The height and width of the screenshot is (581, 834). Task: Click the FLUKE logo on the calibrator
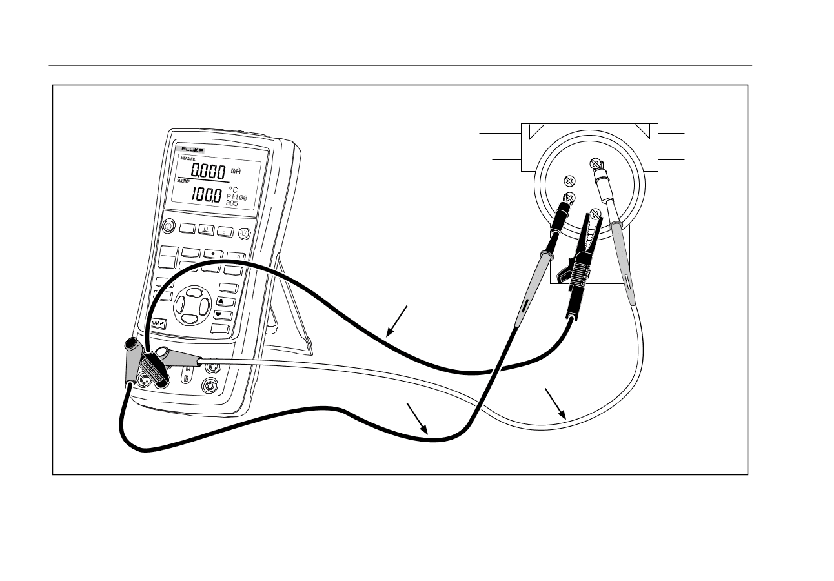[192, 150]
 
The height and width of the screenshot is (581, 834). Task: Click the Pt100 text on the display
[238, 197]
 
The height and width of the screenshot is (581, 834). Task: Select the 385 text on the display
[232, 203]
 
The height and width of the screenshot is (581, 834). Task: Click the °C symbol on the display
[233, 190]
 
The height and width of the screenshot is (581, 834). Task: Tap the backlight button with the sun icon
[244, 233]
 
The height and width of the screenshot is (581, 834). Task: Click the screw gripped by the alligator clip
[596, 214]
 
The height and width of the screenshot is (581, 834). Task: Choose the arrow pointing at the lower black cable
[425, 432]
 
